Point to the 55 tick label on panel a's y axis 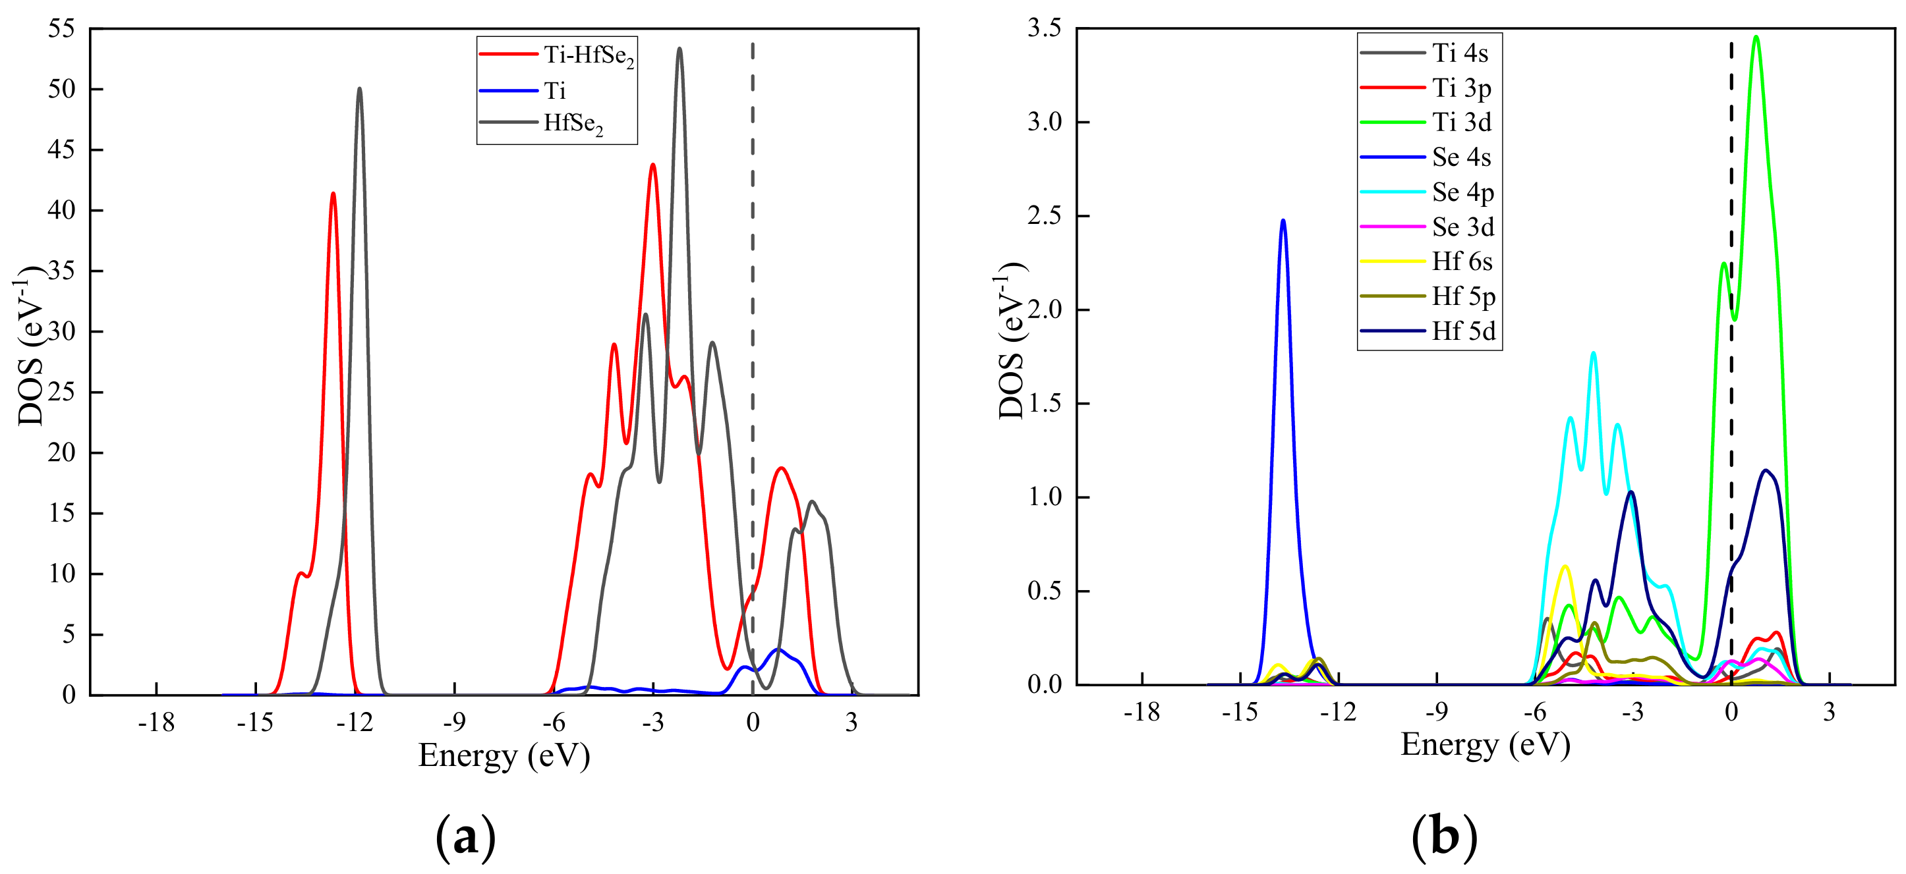click(61, 29)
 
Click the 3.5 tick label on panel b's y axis click(1044, 28)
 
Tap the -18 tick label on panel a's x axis click(156, 723)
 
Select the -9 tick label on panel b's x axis click(1436, 712)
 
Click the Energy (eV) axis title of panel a click(504, 755)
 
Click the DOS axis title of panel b click(1011, 340)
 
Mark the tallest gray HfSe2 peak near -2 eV click(679, 49)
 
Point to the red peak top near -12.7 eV click(333, 194)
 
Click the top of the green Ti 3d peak click(1756, 37)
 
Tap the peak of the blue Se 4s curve click(1283, 221)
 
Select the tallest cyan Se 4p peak click(1593, 353)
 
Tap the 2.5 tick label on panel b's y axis click(1044, 216)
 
